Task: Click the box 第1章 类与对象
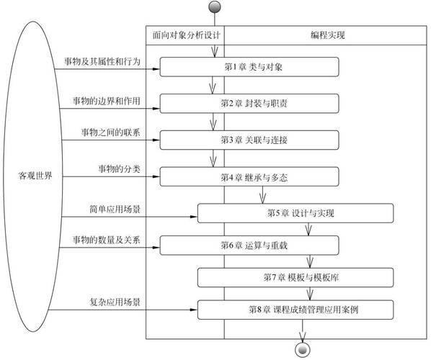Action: coord(249,67)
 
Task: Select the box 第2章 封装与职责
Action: coord(249,103)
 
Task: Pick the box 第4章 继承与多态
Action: coord(249,176)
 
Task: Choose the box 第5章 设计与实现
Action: coord(296,213)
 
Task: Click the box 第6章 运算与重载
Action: coord(249,245)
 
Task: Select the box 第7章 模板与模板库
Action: coord(296,277)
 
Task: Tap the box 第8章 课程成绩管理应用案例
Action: coord(296,310)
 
